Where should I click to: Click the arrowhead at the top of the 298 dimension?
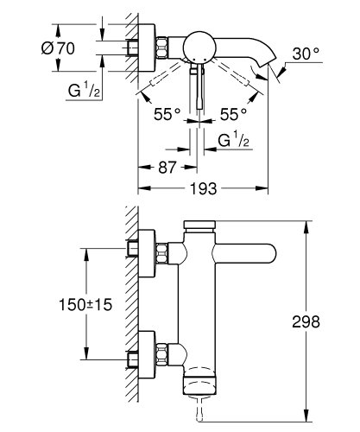click(306, 226)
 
